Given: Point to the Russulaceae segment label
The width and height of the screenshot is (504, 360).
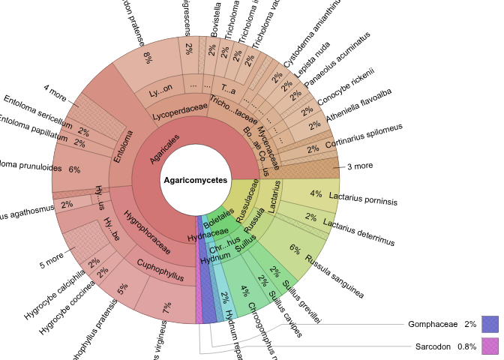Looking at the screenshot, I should point(247,200).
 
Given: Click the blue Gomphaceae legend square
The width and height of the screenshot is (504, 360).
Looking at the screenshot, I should point(490,324).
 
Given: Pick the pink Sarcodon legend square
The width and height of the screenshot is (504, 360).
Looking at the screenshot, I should point(490,346).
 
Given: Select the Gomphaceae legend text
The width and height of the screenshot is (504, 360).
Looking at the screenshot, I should point(432,325).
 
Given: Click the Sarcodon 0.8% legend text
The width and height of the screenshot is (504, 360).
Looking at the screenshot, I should point(445,347).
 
